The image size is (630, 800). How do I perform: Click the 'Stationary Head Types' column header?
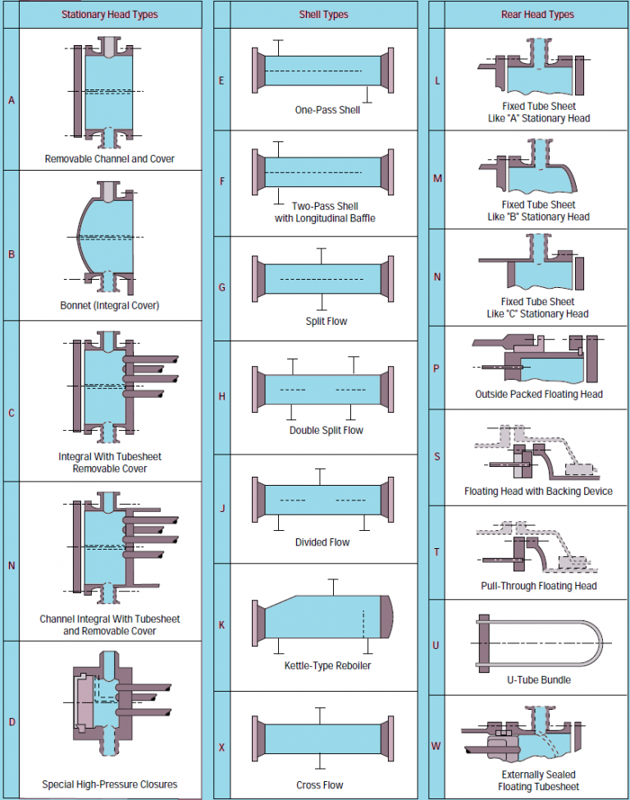click(x=110, y=15)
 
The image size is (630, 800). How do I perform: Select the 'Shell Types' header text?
click(x=323, y=15)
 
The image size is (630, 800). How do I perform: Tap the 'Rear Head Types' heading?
click(x=538, y=15)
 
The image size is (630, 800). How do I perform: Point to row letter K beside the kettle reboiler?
click(x=221, y=625)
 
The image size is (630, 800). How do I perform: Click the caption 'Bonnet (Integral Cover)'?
click(x=110, y=305)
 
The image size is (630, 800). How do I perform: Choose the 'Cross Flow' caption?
click(x=320, y=785)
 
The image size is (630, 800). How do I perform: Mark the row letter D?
click(x=11, y=722)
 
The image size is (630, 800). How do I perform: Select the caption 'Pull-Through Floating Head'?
click(x=538, y=586)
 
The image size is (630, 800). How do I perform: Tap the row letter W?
click(x=436, y=746)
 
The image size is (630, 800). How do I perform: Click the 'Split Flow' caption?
click(x=326, y=321)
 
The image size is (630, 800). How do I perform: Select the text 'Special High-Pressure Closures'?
click(x=110, y=784)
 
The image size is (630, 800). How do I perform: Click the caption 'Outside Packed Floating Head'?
click(x=538, y=394)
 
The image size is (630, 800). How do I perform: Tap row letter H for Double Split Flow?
click(x=221, y=396)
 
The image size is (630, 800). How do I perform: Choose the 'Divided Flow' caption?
click(x=322, y=542)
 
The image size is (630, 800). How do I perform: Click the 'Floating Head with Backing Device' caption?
click(x=538, y=491)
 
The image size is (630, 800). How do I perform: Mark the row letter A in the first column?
click(x=11, y=100)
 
